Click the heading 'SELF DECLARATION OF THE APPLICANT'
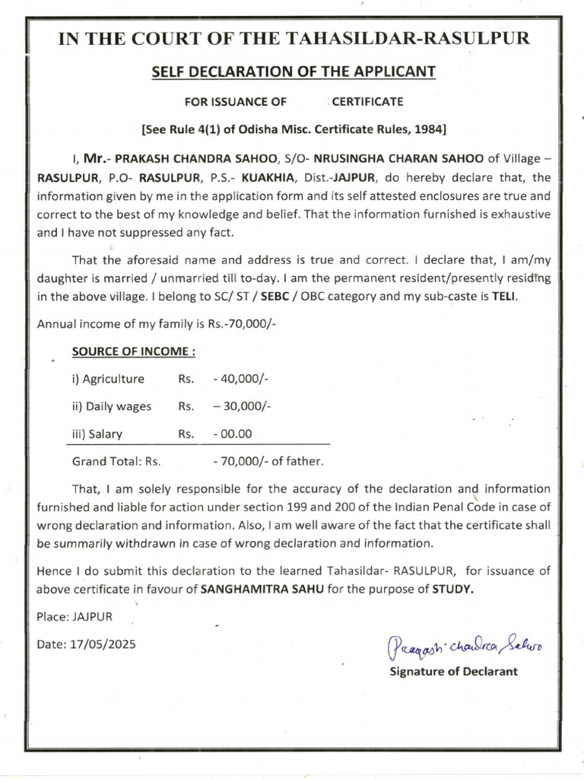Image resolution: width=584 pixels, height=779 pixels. pos(293,72)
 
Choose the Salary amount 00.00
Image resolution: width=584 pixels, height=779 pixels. pos(233,434)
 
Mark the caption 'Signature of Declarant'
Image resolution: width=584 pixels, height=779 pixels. pos(453,671)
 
